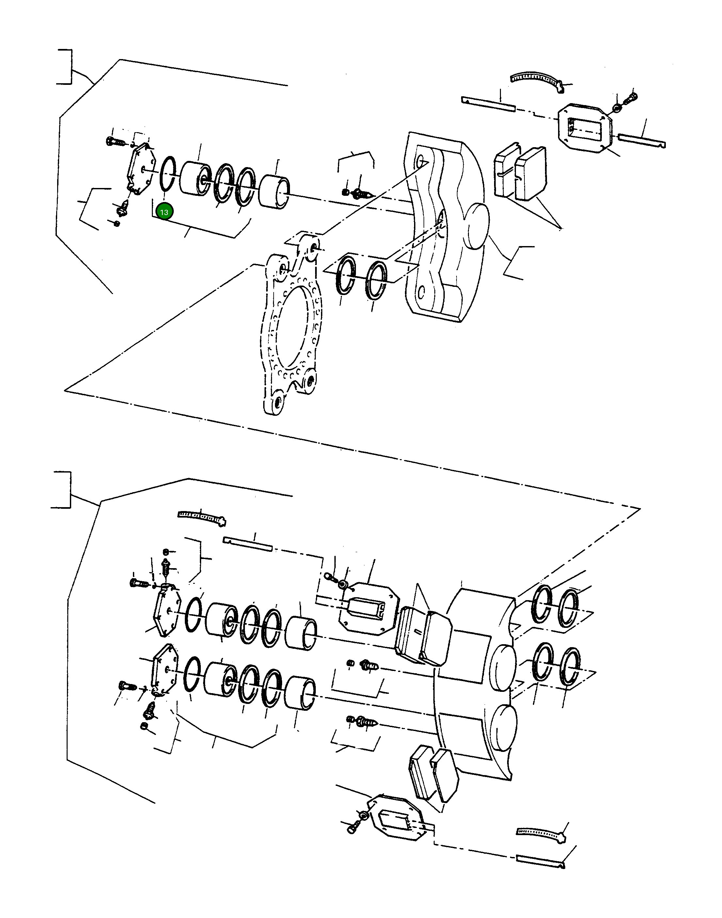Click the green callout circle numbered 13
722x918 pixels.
point(164,212)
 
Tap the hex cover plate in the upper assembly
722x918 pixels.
point(137,169)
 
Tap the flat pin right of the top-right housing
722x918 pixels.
point(642,140)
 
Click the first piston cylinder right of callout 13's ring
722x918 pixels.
point(195,178)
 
